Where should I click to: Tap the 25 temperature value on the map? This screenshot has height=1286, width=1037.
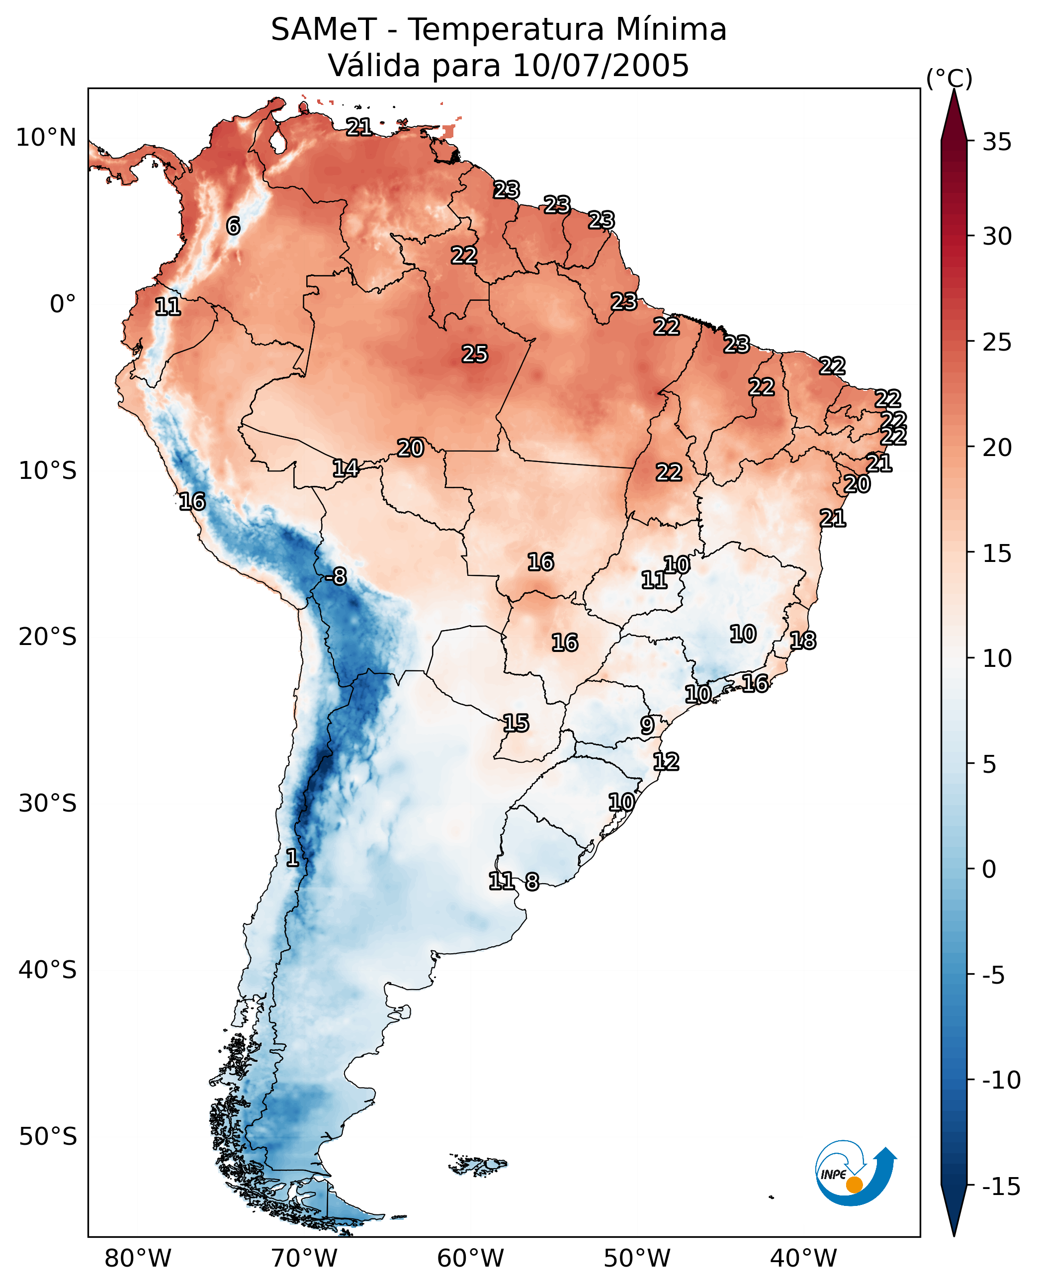pyautogui.click(x=475, y=354)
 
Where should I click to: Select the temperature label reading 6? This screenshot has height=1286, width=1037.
pyautogui.click(x=234, y=226)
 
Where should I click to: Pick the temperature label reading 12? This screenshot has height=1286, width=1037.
pyautogui.click(x=666, y=761)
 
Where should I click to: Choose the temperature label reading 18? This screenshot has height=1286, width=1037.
pyautogui.click(x=803, y=641)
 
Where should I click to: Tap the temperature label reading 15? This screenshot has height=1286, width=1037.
pyautogui.click(x=516, y=723)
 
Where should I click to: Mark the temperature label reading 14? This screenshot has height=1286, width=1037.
pyautogui.click(x=346, y=468)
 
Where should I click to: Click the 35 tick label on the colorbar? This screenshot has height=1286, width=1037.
pyautogui.click(x=997, y=142)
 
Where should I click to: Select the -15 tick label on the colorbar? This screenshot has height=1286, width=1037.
pyautogui.click(x=1001, y=1186)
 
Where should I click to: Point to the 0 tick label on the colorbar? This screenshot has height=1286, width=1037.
pyautogui.click(x=990, y=869)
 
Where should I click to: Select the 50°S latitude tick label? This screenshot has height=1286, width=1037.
pyautogui.click(x=48, y=1136)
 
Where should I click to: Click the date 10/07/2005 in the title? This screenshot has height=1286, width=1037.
pyautogui.click(x=601, y=65)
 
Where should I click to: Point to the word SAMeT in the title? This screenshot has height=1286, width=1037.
pyautogui.click(x=324, y=29)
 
